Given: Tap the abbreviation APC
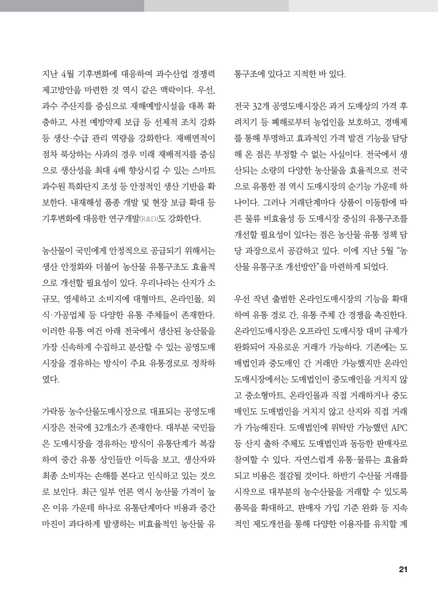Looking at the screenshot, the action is (x=399, y=427).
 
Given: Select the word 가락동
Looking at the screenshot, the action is (x=54, y=411).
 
